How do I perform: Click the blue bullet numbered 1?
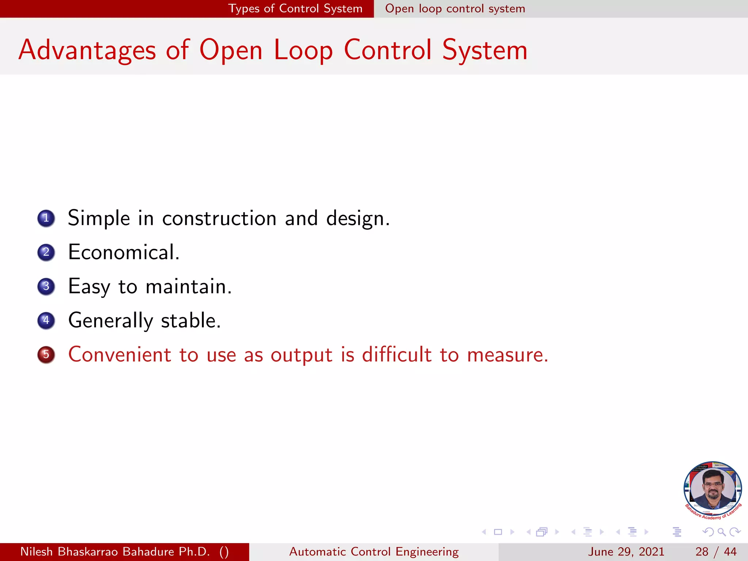46,218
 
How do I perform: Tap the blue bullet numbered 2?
46,252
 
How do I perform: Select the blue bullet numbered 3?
46,286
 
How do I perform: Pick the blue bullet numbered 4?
46,321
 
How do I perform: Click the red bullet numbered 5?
46,355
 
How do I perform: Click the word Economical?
124,252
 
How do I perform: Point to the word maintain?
188,286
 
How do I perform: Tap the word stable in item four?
191,321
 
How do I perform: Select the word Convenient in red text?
120,355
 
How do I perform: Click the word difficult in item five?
397,355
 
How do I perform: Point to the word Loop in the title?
303,50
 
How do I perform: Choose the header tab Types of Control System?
295,8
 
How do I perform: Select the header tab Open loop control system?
455,8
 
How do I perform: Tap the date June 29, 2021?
626,552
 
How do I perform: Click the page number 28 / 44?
716,552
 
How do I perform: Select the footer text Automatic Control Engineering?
374,552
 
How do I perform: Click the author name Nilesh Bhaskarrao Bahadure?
115,552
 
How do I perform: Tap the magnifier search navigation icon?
721,532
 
